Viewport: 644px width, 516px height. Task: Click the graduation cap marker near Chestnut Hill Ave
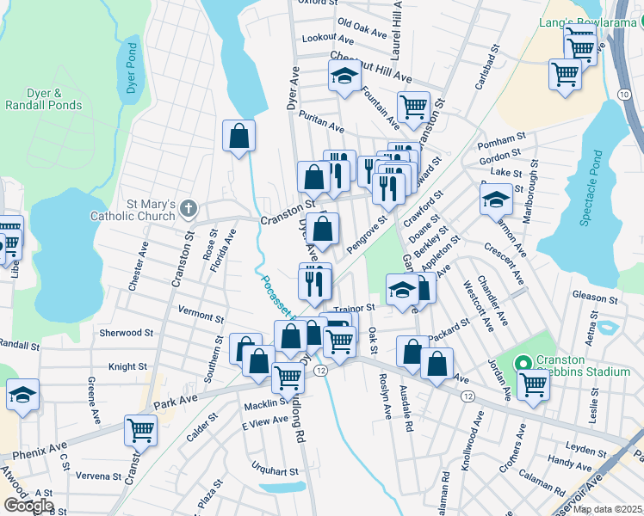pos(344,76)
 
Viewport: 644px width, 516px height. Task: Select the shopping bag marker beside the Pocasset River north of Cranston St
pos(238,135)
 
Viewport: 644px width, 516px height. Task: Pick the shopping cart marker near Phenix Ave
pos(140,428)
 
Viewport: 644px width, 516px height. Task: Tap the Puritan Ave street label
pos(321,126)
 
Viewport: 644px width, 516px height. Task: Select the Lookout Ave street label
pos(328,40)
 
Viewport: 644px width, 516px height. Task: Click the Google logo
pos(28,505)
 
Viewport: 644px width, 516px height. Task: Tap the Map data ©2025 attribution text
pos(607,509)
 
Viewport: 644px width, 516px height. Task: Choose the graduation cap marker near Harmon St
pos(495,200)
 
